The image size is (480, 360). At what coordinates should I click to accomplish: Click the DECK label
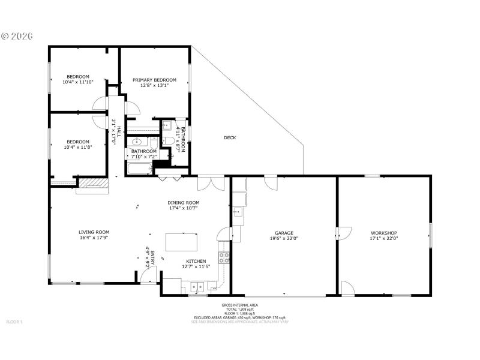[x=230, y=137]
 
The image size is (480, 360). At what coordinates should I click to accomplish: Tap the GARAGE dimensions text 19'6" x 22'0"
[x=284, y=239]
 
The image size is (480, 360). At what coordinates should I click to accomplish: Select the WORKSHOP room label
[x=383, y=233]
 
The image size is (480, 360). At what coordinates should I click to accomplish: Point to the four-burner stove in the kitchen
[x=224, y=258]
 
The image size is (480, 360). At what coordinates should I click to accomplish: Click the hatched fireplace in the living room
[x=93, y=184]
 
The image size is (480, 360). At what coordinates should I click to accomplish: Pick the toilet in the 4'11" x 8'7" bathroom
[x=169, y=141]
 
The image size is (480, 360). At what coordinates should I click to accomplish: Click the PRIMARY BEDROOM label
[x=154, y=80]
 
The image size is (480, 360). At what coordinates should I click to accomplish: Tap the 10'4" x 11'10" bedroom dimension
[x=78, y=82]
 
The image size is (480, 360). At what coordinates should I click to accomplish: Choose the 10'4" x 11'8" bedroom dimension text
[x=78, y=148]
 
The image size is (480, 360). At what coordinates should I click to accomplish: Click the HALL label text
[x=119, y=131]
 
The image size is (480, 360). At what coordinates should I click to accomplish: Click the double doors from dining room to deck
[x=211, y=183]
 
